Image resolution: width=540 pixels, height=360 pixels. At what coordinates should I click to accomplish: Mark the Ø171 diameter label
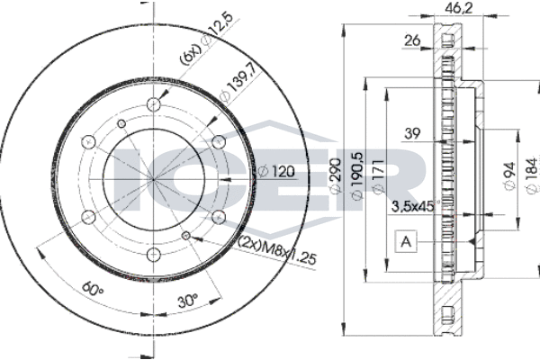(378, 178)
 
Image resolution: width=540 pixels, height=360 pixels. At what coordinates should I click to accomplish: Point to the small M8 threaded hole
(186, 236)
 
